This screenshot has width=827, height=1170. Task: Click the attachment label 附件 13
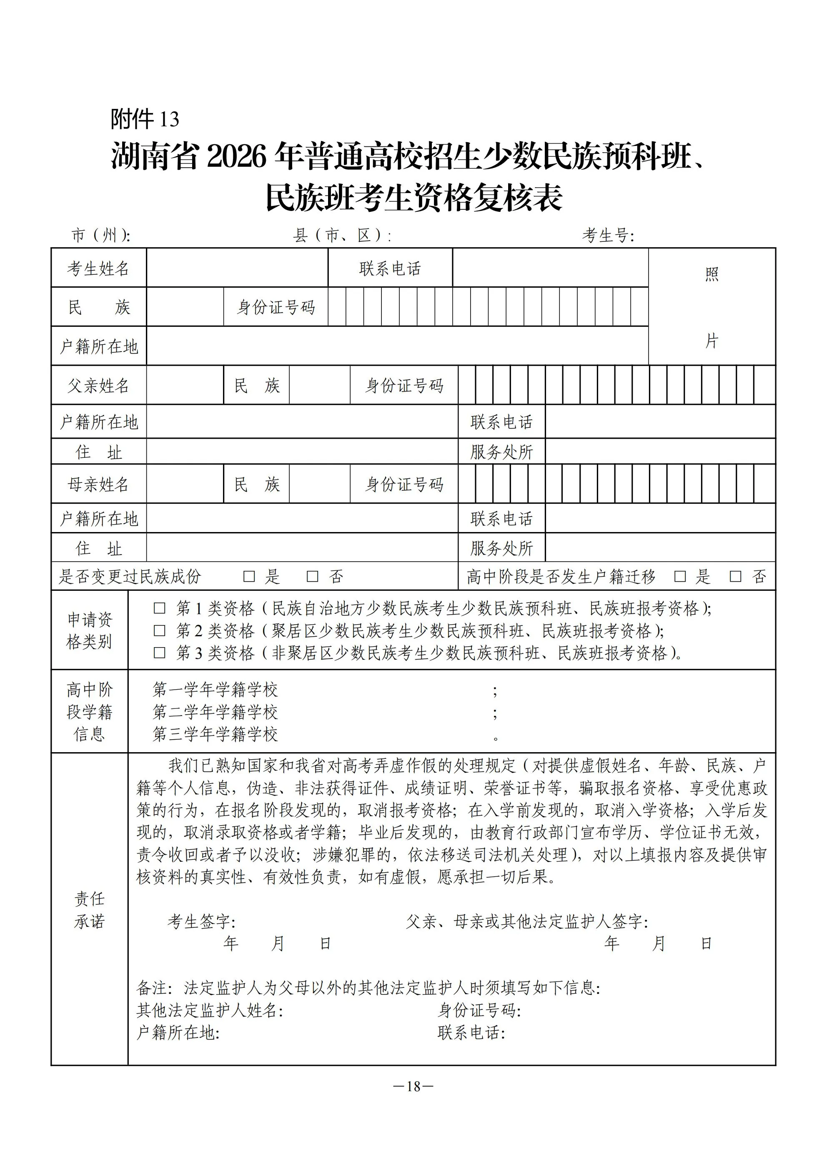tap(145, 119)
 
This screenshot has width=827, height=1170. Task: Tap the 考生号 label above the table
tap(608, 236)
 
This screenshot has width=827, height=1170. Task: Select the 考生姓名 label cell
tap(98, 269)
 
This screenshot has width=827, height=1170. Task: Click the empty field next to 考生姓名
tap(237, 268)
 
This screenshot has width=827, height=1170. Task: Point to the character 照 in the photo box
tap(712, 275)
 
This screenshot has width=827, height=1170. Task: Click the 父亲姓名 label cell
tap(98, 386)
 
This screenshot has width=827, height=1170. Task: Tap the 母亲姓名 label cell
tap(98, 484)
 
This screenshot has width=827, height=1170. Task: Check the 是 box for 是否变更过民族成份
tap(249, 576)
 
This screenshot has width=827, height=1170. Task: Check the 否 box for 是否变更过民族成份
tap(312, 576)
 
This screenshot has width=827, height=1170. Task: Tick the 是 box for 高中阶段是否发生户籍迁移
tap(680, 576)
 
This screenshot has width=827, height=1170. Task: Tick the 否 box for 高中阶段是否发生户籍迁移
tap(735, 576)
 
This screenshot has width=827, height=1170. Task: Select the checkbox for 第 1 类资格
tap(160, 608)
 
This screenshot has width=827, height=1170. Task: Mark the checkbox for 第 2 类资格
tap(160, 631)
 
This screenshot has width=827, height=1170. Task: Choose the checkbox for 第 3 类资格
tap(160, 653)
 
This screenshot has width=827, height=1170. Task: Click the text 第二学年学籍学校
tap(215, 712)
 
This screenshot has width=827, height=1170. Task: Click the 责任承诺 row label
tap(89, 910)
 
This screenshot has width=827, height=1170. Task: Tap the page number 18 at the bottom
tap(413, 1087)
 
